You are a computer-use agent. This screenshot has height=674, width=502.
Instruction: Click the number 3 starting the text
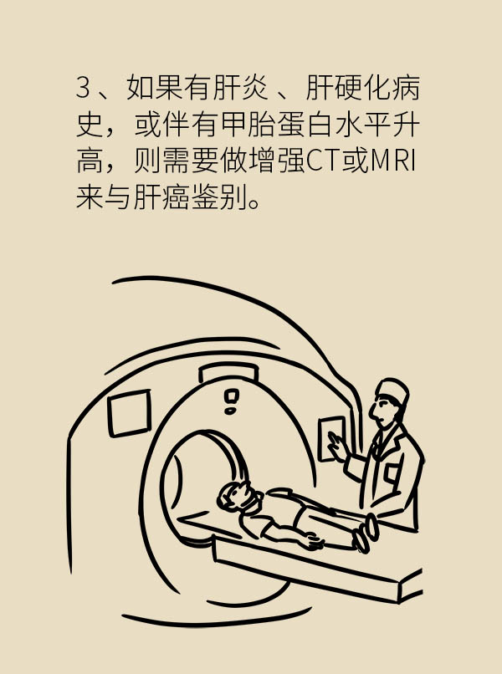click(83, 87)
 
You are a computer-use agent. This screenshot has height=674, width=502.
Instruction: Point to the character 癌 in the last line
click(175, 197)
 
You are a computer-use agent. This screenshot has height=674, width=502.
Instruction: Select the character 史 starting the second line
click(90, 125)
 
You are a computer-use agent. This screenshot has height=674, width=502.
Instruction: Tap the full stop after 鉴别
click(254, 204)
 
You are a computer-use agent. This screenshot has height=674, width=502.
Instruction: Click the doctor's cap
click(392, 391)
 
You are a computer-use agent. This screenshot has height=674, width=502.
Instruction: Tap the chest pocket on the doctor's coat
click(392, 472)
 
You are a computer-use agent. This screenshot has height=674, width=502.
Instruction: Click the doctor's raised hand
click(339, 447)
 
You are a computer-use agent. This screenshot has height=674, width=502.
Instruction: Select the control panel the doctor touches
click(331, 438)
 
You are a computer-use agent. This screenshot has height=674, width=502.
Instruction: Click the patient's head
click(238, 498)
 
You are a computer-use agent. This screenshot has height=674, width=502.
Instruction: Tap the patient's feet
click(366, 533)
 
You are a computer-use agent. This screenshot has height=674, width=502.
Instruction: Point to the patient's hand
click(313, 541)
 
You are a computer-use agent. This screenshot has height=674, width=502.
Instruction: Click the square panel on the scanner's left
click(129, 412)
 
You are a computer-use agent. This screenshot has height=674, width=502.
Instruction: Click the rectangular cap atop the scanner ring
click(228, 371)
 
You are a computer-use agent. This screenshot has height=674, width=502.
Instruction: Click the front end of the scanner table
click(410, 585)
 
